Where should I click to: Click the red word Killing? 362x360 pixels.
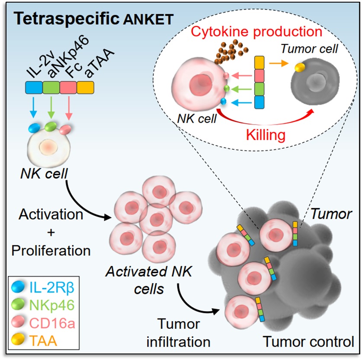[266, 135]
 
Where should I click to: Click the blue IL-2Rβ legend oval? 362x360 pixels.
[19, 286]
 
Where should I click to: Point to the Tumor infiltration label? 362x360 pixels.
[179, 333]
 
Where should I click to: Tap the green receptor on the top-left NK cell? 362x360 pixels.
[51, 126]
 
